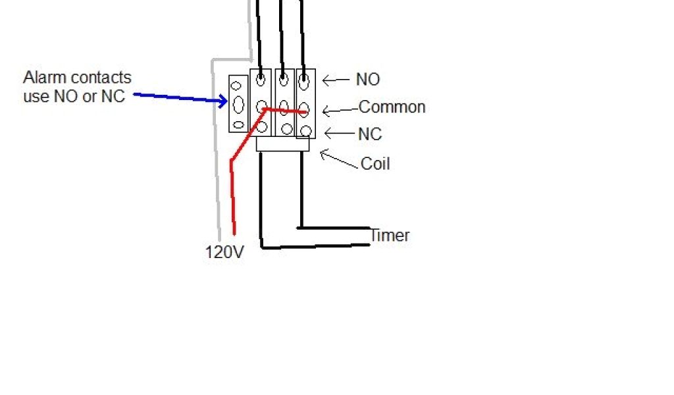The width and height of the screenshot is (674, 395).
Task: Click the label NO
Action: click(x=368, y=80)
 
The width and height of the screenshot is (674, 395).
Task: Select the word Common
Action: click(x=392, y=107)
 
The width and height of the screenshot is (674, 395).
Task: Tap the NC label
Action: click(x=370, y=134)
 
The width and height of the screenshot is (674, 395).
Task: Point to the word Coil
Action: click(x=375, y=163)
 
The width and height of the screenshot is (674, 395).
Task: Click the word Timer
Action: click(x=390, y=235)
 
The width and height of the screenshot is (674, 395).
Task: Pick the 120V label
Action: click(x=224, y=252)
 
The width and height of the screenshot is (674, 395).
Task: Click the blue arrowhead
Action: click(x=222, y=101)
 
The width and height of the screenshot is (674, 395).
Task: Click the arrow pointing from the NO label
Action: click(x=335, y=80)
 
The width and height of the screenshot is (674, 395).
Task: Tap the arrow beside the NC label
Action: click(x=340, y=134)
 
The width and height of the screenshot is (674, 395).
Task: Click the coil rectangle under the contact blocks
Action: click(x=282, y=144)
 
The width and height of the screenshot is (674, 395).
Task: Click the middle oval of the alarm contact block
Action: click(x=238, y=103)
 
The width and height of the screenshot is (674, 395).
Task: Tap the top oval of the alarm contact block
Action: click(x=238, y=84)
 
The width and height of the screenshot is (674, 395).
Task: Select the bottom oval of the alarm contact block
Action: click(x=238, y=124)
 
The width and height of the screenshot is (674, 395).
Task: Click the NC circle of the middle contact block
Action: click(x=286, y=128)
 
